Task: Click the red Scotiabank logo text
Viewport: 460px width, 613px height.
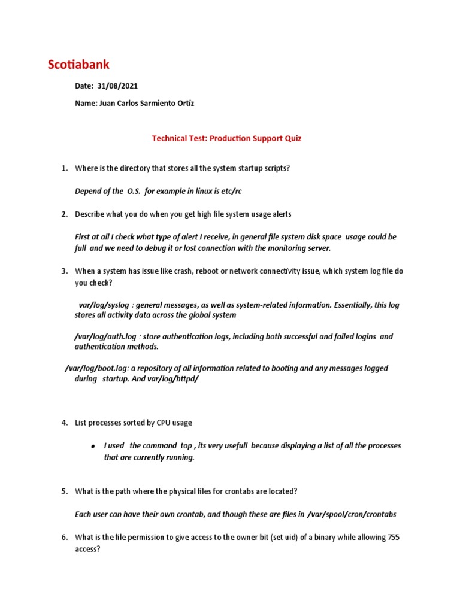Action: (x=79, y=65)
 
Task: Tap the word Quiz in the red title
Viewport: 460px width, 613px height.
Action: (x=293, y=138)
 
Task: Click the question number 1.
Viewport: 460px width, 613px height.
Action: (x=64, y=168)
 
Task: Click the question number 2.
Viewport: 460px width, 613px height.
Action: (x=64, y=214)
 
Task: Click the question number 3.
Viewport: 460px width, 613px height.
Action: (x=64, y=271)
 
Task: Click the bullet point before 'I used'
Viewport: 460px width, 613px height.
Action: (x=93, y=447)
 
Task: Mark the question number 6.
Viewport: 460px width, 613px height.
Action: (x=64, y=537)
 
